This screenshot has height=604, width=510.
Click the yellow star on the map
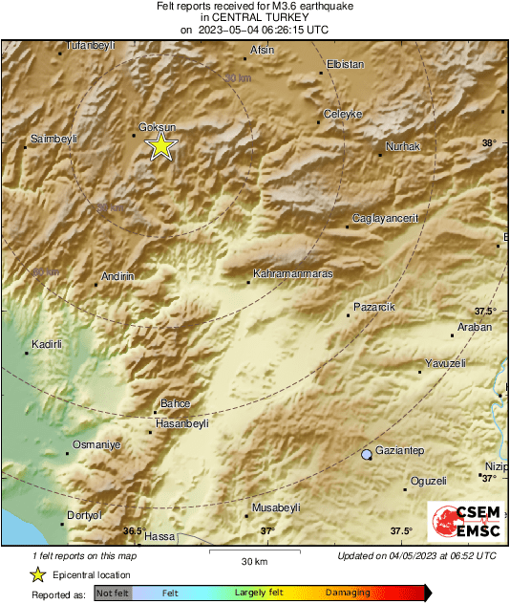(x=161, y=145)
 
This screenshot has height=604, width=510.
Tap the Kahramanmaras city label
(x=292, y=274)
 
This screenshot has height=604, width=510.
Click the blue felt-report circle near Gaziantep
(x=366, y=455)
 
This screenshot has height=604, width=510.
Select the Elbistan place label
(x=345, y=64)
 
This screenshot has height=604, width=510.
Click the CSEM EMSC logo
(x=460, y=524)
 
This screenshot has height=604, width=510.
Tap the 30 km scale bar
(x=253, y=551)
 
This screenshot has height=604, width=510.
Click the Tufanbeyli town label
(x=89, y=45)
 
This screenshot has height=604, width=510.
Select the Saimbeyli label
(x=53, y=139)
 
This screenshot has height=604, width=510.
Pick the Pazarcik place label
(x=373, y=306)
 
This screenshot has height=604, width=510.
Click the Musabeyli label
(x=275, y=507)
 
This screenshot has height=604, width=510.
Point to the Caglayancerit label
(x=386, y=219)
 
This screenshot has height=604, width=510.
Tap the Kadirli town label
(x=47, y=343)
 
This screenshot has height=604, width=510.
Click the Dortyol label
(x=83, y=516)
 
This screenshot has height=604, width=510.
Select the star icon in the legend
(x=37, y=574)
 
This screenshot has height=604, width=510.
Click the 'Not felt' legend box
(x=113, y=593)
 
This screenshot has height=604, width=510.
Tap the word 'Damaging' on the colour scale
(x=340, y=593)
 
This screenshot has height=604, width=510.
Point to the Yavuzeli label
(x=444, y=363)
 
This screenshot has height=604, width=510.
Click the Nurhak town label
(x=402, y=146)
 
